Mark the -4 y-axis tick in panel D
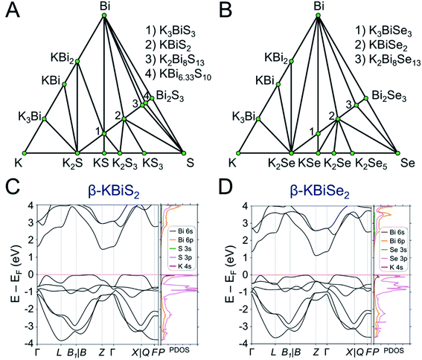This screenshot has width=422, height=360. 242,342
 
